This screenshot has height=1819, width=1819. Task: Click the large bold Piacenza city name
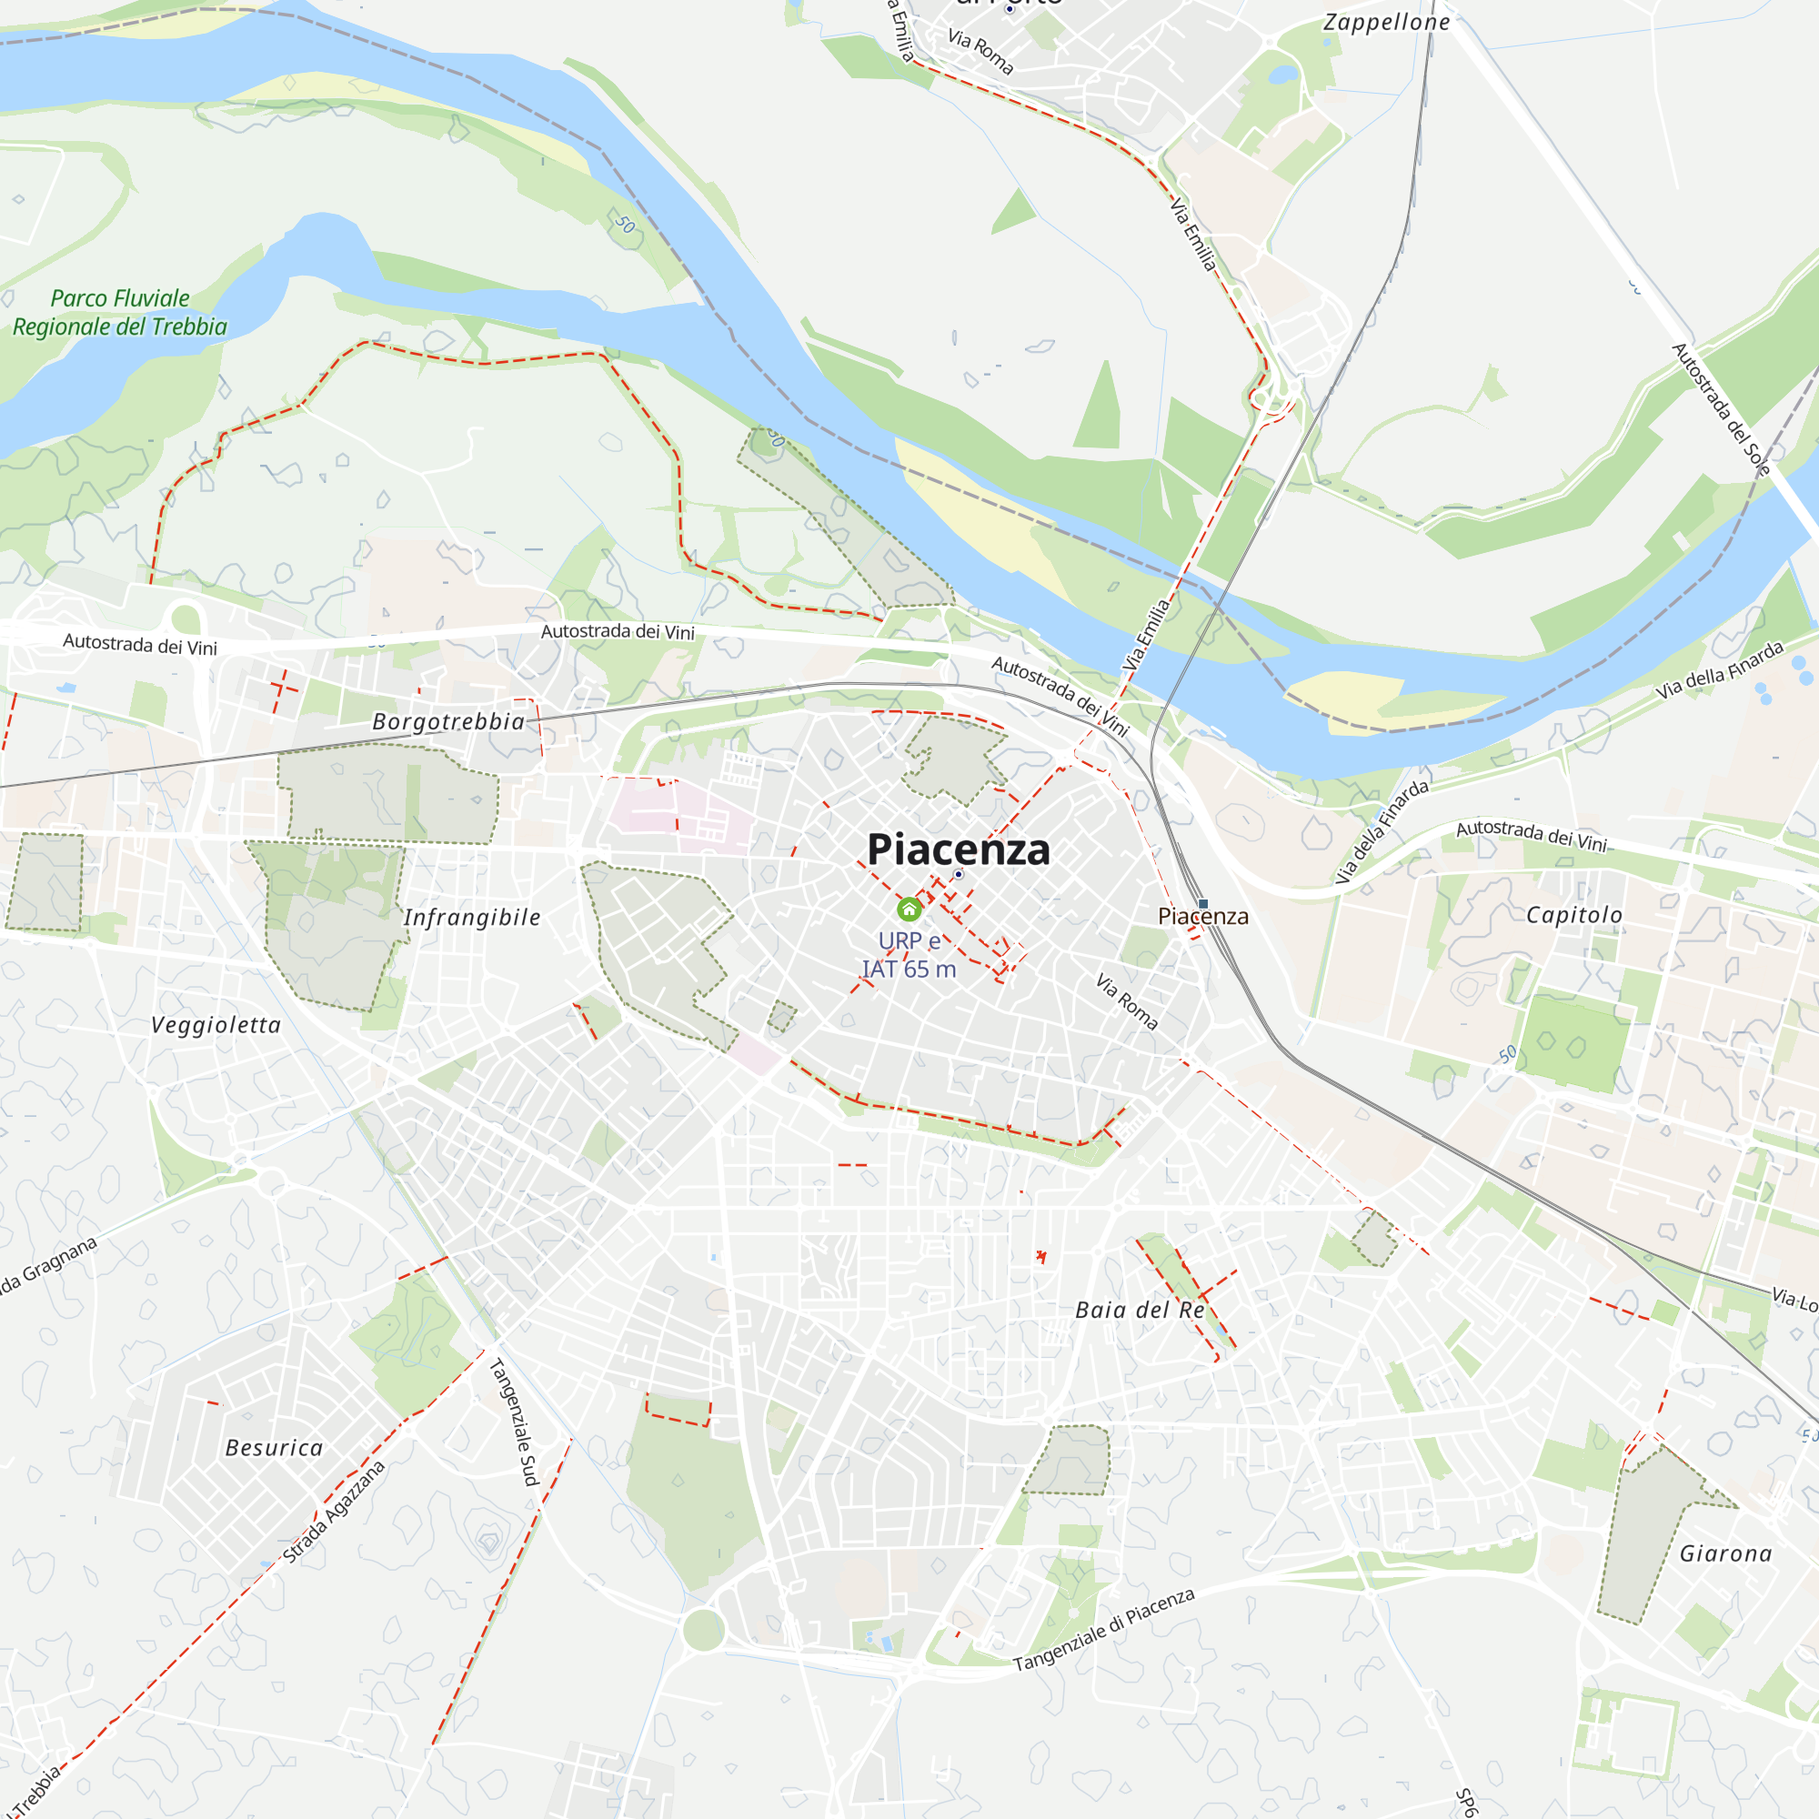(x=958, y=849)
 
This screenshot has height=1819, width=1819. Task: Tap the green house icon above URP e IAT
(x=909, y=909)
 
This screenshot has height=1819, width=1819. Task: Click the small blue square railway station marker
(x=1203, y=904)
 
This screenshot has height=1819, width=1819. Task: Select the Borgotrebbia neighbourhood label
(x=448, y=722)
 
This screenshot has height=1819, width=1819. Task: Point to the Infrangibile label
(x=472, y=918)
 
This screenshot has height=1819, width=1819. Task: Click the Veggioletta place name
(x=216, y=1025)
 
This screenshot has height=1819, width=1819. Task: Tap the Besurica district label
(x=274, y=1448)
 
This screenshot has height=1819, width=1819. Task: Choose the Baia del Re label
(x=1141, y=1311)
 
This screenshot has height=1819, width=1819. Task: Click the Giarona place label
(x=1726, y=1553)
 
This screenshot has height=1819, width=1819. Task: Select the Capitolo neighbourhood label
(x=1574, y=915)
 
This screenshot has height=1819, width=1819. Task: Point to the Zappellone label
(x=1386, y=23)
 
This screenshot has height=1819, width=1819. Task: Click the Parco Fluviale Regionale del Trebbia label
(x=119, y=313)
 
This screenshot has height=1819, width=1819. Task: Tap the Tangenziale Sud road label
(x=513, y=1422)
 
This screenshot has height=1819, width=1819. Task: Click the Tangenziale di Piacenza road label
(x=1103, y=1630)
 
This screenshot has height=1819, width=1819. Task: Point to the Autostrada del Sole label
(x=1721, y=409)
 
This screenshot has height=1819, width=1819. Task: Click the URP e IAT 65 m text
(x=909, y=955)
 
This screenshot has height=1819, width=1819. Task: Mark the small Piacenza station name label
(x=1203, y=916)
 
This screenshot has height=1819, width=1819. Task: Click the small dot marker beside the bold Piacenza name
(x=959, y=875)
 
